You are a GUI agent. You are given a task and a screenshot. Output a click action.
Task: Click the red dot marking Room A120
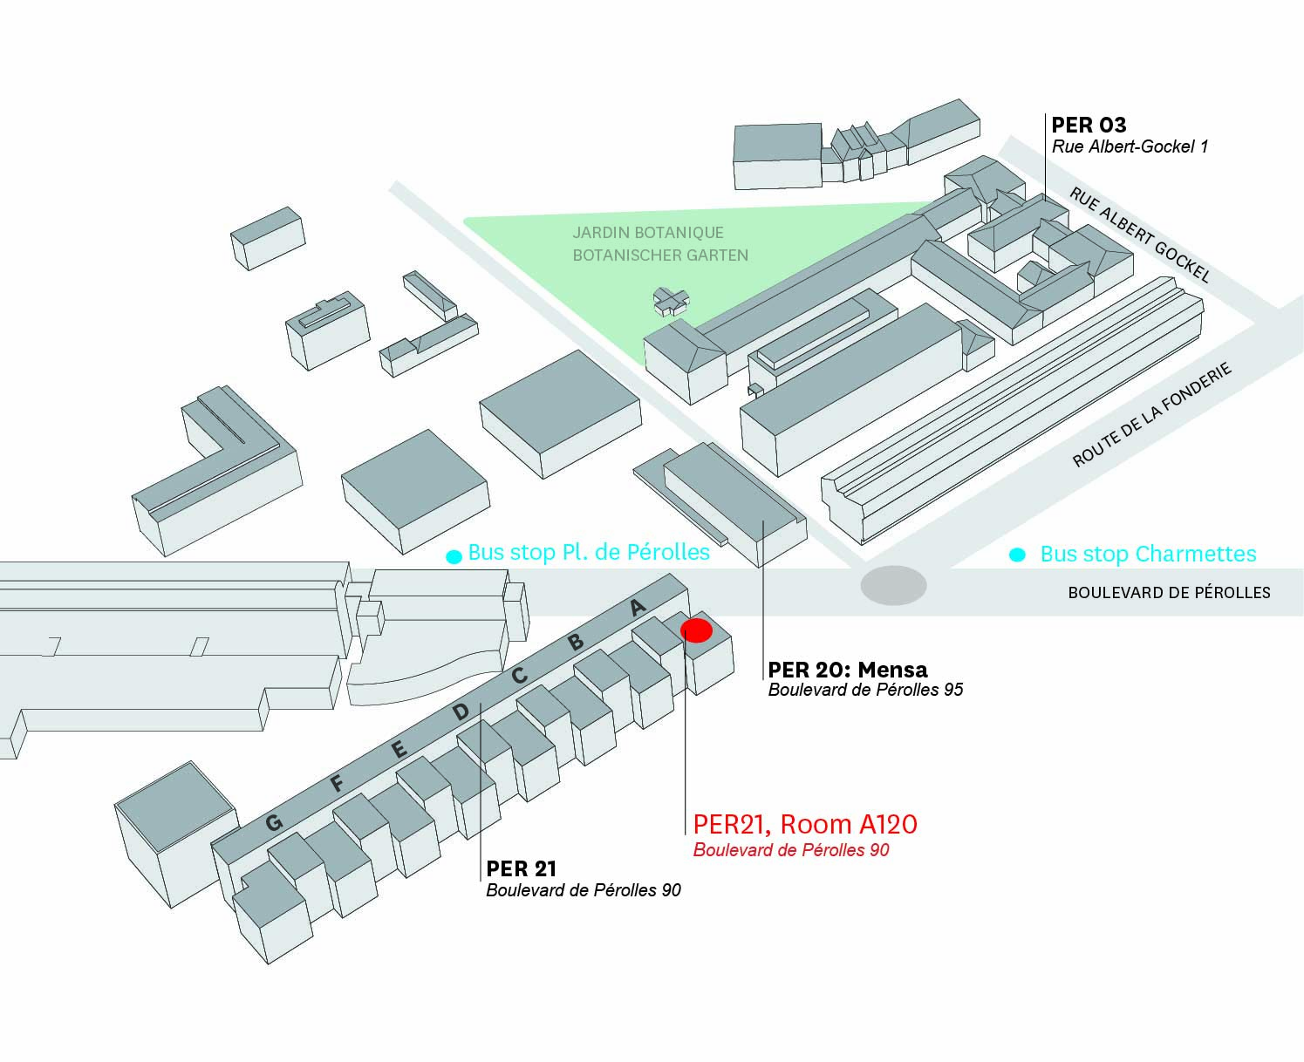pyautogui.click(x=697, y=630)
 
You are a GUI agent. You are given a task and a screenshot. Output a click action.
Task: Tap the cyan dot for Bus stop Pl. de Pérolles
pyautogui.click(x=454, y=557)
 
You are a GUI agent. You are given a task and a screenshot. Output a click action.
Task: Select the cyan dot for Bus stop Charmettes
pyautogui.click(x=1017, y=555)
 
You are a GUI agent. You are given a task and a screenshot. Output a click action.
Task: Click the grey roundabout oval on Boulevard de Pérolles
pyautogui.click(x=893, y=585)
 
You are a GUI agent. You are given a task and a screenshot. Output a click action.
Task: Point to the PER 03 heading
pyautogui.click(x=1089, y=125)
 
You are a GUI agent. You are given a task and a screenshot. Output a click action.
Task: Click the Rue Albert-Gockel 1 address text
pyautogui.click(x=1130, y=146)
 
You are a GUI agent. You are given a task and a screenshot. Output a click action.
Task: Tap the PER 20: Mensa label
pyautogui.click(x=847, y=670)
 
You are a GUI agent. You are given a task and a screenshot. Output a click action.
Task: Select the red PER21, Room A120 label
pyautogui.click(x=804, y=824)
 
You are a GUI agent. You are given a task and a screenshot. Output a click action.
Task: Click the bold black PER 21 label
pyautogui.click(x=521, y=868)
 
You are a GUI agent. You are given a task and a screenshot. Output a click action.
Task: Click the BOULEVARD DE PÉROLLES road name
pyautogui.click(x=1169, y=593)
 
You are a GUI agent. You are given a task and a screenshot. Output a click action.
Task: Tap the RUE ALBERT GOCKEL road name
pyautogui.click(x=1140, y=235)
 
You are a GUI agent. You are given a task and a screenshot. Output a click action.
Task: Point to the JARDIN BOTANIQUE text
pyautogui.click(x=648, y=233)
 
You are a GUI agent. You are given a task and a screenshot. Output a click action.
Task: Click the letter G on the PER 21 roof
pyautogui.click(x=274, y=822)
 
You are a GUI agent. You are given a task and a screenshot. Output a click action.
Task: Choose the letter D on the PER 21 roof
pyautogui.click(x=461, y=711)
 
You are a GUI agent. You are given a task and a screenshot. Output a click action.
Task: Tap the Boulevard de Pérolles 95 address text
pyautogui.click(x=865, y=690)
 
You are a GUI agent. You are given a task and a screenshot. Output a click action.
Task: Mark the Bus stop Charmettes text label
pyautogui.click(x=1148, y=554)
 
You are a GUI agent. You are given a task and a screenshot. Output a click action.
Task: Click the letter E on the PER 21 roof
pyautogui.click(x=399, y=749)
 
